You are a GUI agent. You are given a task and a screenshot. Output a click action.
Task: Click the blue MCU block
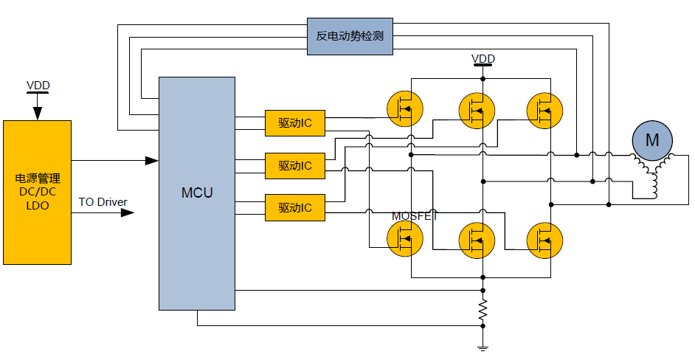pos(197,193)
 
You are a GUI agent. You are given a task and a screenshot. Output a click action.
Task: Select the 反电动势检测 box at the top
pos(350,35)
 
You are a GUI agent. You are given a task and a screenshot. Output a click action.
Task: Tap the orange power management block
pos(38,192)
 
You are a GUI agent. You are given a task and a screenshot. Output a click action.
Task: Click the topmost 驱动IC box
pos(294,123)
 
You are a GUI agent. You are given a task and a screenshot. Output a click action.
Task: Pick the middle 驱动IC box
pos(294,166)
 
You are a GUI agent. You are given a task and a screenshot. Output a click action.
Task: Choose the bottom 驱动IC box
pos(294,208)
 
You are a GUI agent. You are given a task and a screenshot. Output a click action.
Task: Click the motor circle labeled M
pos(652,139)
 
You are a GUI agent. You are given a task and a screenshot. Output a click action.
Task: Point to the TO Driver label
pos(103,201)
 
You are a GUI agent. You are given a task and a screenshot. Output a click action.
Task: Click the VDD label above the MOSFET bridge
pos(483,59)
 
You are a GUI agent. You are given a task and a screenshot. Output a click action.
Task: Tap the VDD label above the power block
pos(38,86)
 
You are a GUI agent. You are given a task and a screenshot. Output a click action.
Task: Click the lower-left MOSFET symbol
pos(405,238)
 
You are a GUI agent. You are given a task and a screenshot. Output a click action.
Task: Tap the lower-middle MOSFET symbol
pos(477,240)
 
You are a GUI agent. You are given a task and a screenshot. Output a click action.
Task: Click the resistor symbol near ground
pos(483,311)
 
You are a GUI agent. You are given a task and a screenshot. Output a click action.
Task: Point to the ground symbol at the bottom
pos(483,347)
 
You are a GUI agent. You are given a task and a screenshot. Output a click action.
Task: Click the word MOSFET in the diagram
pos(415,216)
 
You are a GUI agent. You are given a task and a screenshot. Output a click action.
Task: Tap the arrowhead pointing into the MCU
pos(152,160)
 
